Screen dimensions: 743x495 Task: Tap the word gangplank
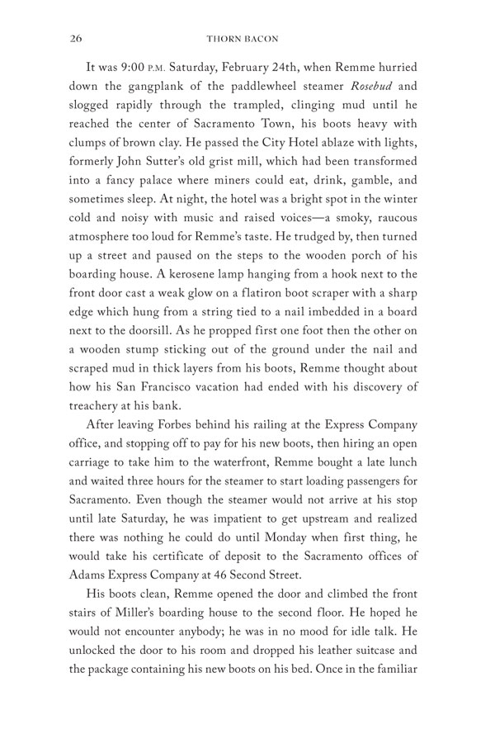147,88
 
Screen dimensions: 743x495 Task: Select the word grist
221,154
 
